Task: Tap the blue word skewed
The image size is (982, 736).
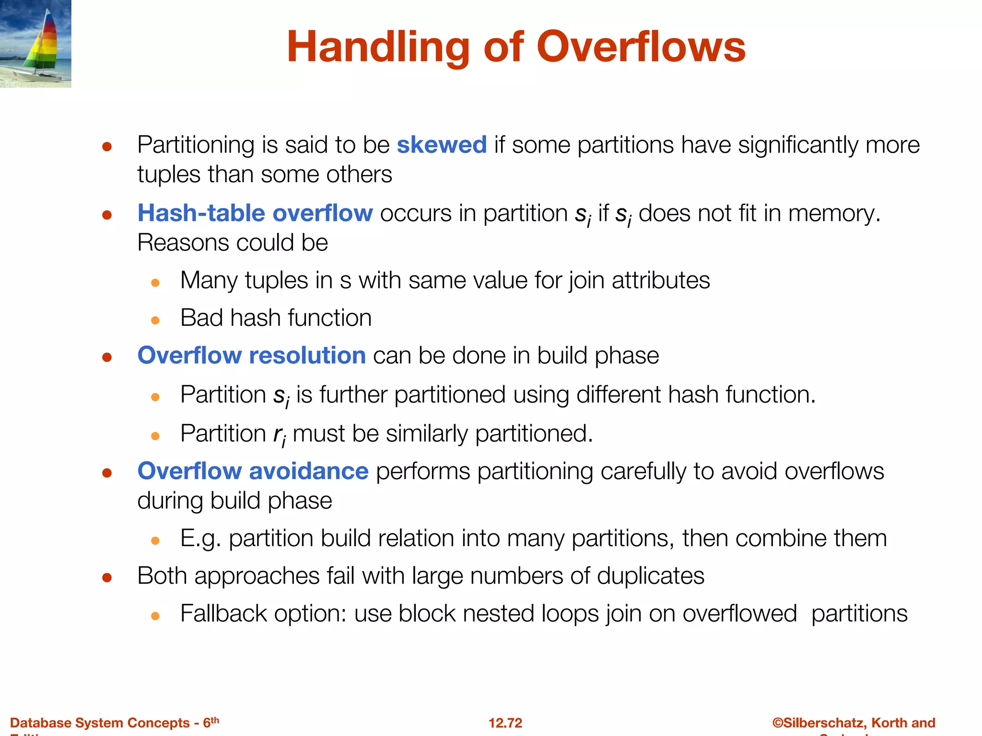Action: click(442, 145)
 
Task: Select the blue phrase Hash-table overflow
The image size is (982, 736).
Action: click(255, 213)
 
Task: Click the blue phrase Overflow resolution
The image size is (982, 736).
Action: click(251, 356)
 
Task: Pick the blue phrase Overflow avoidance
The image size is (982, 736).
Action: click(253, 471)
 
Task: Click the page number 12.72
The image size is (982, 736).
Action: click(505, 723)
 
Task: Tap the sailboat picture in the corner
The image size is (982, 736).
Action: click(35, 44)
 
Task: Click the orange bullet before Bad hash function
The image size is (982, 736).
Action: click(155, 320)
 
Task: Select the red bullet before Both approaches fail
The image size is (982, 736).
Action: click(107, 577)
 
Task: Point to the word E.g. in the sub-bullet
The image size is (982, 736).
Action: click(200, 539)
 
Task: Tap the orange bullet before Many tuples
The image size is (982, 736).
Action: click(155, 283)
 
